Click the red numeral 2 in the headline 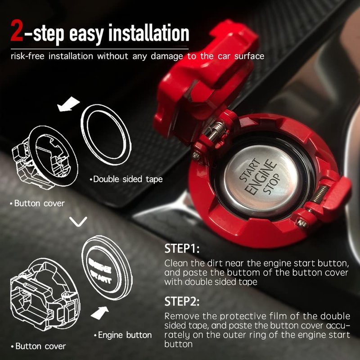[x=17, y=31]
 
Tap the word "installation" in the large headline [x=149, y=33]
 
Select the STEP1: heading [x=182, y=249]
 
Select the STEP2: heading [x=182, y=301]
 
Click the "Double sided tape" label [x=126, y=179]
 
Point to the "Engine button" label [x=123, y=335]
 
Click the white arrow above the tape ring [x=68, y=104]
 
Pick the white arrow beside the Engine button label [x=100, y=313]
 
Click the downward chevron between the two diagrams [x=78, y=221]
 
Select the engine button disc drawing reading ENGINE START [x=107, y=268]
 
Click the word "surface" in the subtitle [x=249, y=56]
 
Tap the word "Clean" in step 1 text [x=176, y=263]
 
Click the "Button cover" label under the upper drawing [x=38, y=203]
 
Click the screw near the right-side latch [x=301, y=222]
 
